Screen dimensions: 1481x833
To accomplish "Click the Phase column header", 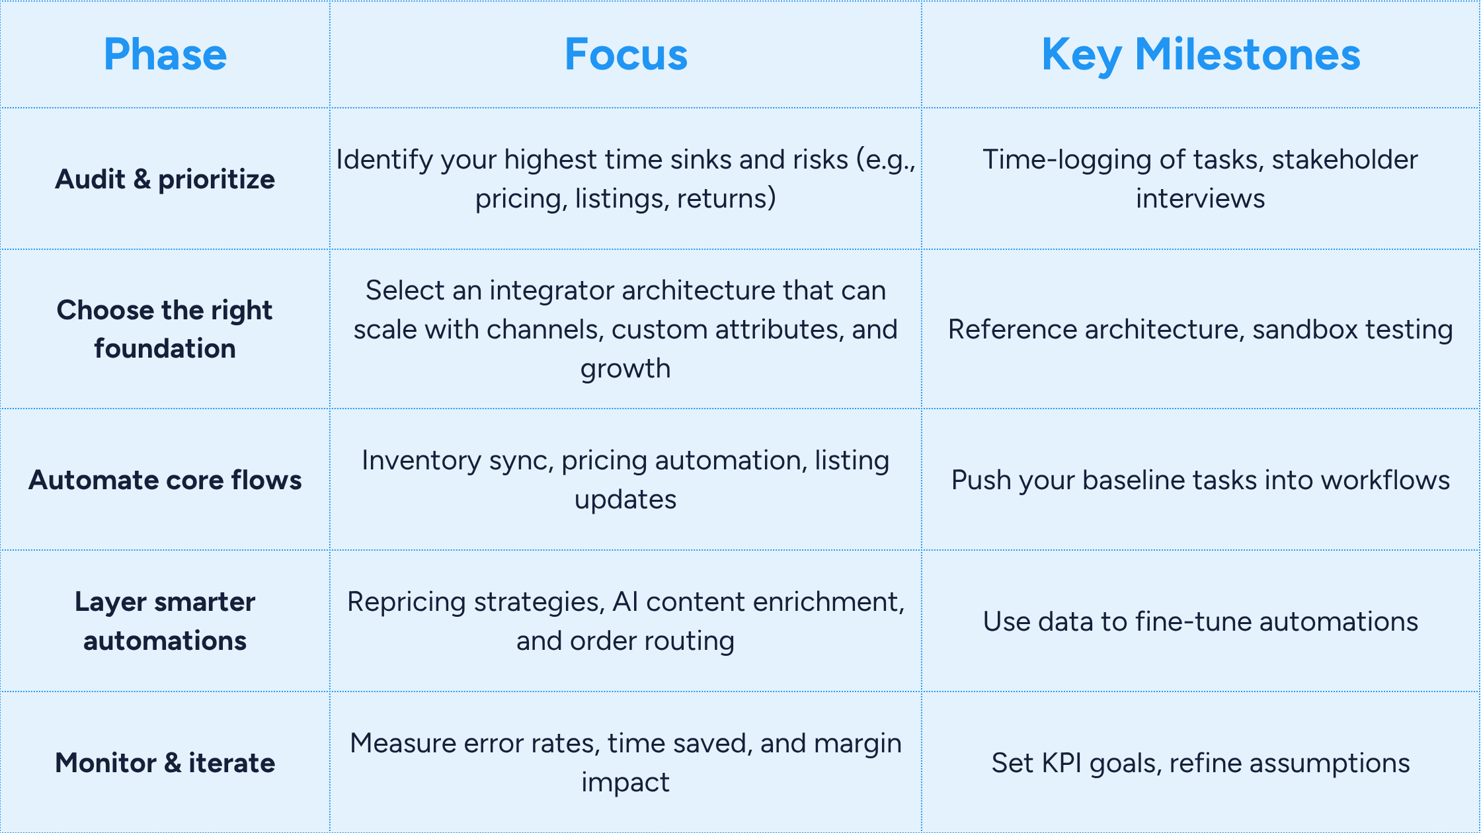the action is pyautogui.click(x=165, y=54).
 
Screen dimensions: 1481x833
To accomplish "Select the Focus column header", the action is pyautogui.click(x=626, y=54).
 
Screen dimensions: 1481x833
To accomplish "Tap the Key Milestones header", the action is pyautogui.click(x=1201, y=56).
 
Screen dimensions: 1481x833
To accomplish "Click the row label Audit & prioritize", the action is pyautogui.click(x=165, y=179).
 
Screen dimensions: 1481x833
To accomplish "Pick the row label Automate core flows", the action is pyautogui.click(x=165, y=480).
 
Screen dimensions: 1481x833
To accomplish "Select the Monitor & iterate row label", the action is pyautogui.click(x=165, y=763).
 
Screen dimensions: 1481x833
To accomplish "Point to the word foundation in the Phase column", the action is pyautogui.click(x=165, y=348).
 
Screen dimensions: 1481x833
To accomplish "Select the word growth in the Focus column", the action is pyautogui.click(x=625, y=369).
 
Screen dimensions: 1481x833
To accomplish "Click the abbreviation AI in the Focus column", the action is pyautogui.click(x=625, y=602).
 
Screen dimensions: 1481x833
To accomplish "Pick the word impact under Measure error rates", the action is pyautogui.click(x=625, y=783).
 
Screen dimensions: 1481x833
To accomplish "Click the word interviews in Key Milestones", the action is pyautogui.click(x=1201, y=198).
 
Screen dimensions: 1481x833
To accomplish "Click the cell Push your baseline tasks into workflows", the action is pyautogui.click(x=1201, y=481).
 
